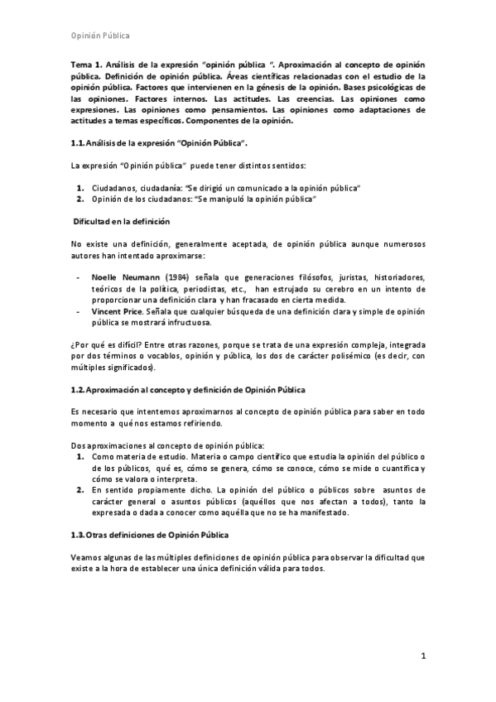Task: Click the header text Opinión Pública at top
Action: pos(99,36)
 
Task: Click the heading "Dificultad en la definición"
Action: pos(121,222)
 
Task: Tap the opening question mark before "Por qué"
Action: pos(74,344)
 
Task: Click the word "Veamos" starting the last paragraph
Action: pos(89,557)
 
